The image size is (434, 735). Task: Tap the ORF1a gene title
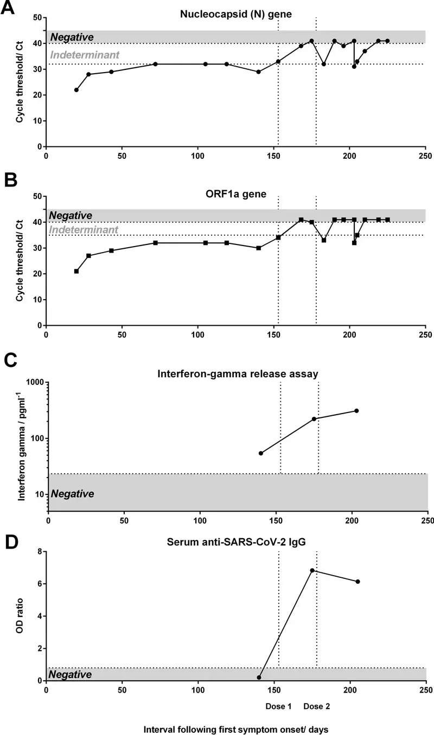pyautogui.click(x=235, y=193)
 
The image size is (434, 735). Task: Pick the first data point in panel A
pyautogui.click(x=76, y=90)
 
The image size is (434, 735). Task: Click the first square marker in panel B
pyautogui.click(x=76, y=271)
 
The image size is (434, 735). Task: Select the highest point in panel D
pyautogui.click(x=312, y=570)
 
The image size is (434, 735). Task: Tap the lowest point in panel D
pyautogui.click(x=259, y=678)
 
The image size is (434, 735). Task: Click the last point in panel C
pyautogui.click(x=356, y=411)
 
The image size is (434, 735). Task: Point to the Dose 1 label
pyautogui.click(x=278, y=707)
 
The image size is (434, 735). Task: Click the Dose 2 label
pyautogui.click(x=316, y=707)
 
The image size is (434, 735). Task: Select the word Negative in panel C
pyautogui.click(x=72, y=494)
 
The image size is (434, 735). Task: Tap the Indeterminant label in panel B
pyautogui.click(x=84, y=230)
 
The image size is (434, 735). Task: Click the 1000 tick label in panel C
pyautogui.click(x=34, y=382)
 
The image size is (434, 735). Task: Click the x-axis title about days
pyautogui.click(x=237, y=729)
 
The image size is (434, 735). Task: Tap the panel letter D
pyautogui.click(x=9, y=542)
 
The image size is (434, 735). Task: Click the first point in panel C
pyautogui.click(x=261, y=453)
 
